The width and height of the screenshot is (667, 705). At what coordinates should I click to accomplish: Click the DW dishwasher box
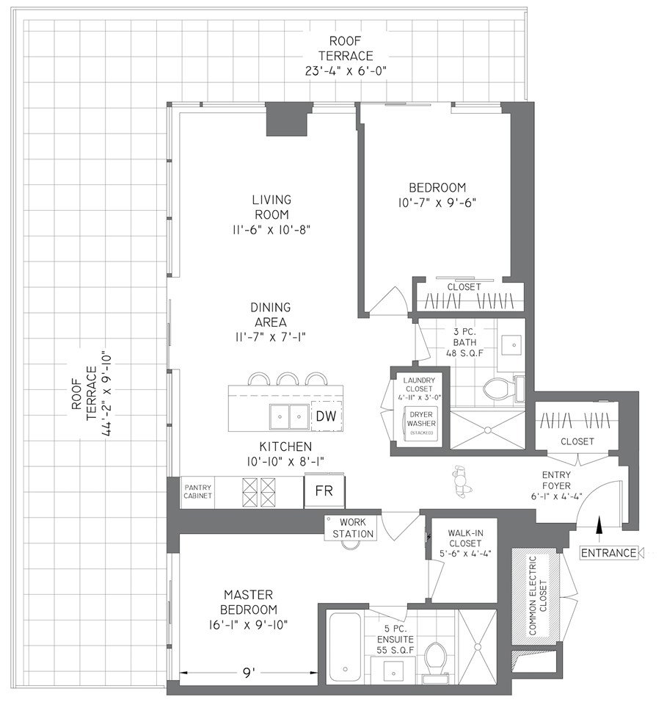coord(327,416)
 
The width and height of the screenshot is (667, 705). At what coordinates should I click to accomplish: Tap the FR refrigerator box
coord(324,491)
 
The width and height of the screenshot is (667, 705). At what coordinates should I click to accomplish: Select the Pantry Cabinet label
coord(197,491)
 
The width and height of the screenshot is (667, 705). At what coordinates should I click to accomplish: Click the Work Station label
coord(353,528)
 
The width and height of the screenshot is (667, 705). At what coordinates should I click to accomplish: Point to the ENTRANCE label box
coord(608,552)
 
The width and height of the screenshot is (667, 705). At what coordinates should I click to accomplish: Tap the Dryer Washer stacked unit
coord(421,423)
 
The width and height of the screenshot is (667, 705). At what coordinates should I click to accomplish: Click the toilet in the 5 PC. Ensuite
coord(435,658)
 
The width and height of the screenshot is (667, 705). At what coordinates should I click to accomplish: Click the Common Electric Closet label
coord(538,596)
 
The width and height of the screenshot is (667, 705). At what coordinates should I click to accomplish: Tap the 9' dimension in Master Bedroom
coord(249,673)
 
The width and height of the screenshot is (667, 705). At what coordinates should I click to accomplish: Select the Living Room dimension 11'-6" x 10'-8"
coord(271,230)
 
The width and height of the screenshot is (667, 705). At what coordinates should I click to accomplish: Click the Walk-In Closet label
coord(465,543)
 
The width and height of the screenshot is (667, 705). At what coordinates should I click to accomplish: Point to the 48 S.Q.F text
coord(465,353)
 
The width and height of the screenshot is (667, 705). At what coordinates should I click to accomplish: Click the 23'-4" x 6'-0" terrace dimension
coord(346,71)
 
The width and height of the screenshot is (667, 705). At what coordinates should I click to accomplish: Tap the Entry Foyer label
coord(556,480)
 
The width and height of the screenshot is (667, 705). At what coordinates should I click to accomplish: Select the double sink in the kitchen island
coord(289,417)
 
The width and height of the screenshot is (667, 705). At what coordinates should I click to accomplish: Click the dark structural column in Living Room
coord(288,119)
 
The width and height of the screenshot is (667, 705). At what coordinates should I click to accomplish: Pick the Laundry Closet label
coord(419,384)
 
